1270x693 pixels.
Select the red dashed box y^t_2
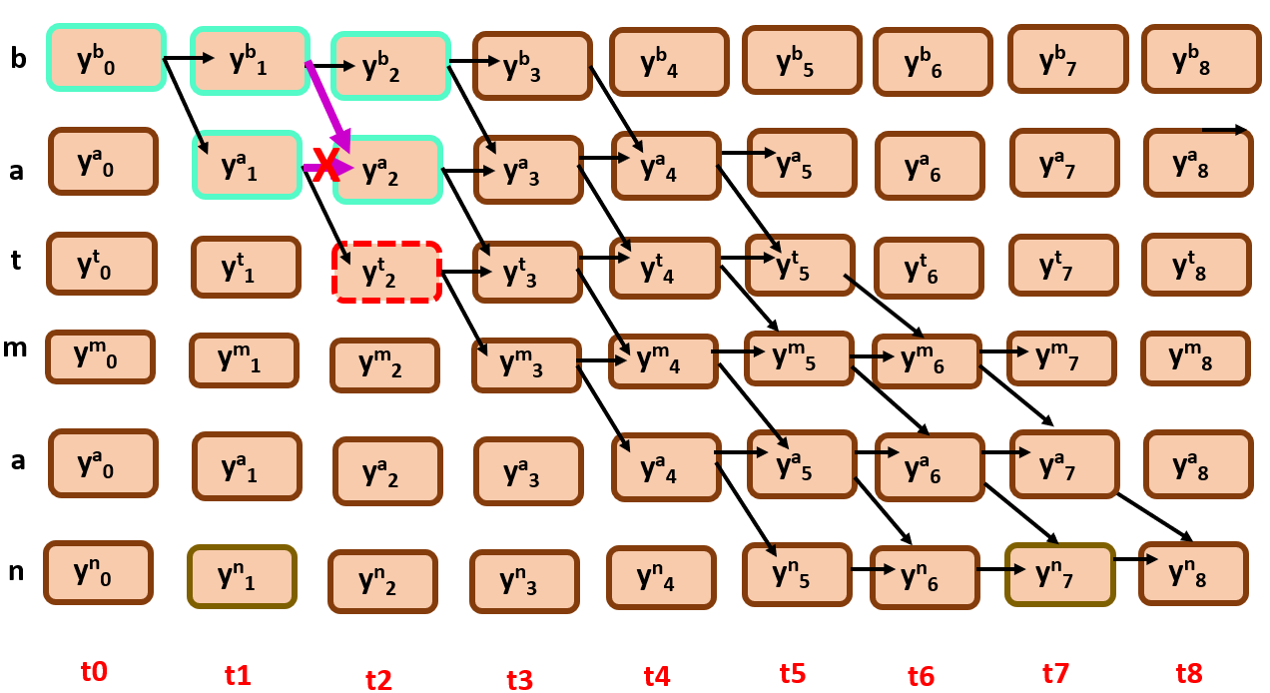[386, 272]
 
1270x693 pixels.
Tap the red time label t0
[93, 671]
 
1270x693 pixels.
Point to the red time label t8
[1189, 673]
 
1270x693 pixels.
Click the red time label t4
[656, 676]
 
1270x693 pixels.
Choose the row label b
[18, 59]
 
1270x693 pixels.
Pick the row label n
[17, 571]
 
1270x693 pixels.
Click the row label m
[17, 348]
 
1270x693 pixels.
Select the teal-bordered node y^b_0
[106, 58]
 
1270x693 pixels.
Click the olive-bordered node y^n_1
[243, 576]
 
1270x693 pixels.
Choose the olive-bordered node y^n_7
[1059, 574]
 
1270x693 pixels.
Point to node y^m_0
[100, 356]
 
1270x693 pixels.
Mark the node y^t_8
[1196, 266]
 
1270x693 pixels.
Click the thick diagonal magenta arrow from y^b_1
[328, 104]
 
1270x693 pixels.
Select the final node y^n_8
[1193, 573]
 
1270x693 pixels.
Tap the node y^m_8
[1195, 358]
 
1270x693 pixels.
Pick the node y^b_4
[668, 61]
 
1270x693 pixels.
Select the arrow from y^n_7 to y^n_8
[1128, 559]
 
